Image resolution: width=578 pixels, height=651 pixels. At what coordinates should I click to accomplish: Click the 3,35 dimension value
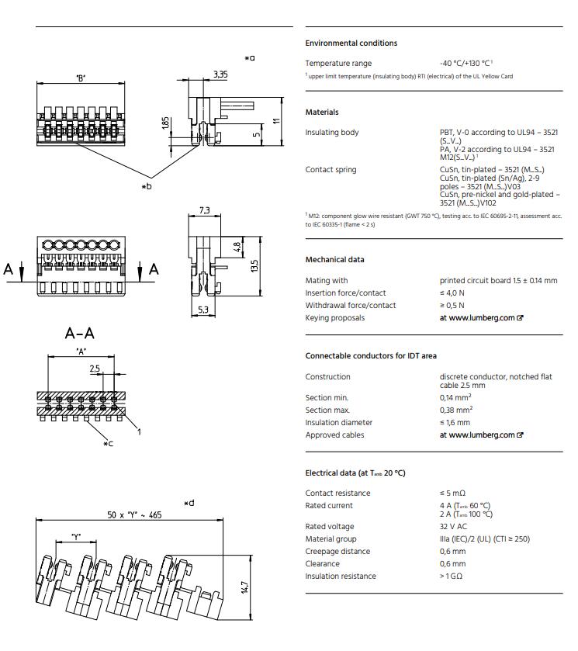220,74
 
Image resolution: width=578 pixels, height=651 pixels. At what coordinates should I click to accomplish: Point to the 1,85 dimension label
165,124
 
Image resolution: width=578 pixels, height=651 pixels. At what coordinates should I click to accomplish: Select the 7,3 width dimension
205,210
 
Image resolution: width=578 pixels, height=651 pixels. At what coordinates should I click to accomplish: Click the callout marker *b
147,186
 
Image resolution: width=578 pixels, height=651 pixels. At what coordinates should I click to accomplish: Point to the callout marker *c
109,443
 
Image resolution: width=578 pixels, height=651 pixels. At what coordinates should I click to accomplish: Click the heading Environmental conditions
351,43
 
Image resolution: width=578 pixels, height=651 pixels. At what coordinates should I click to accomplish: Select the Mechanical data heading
334,260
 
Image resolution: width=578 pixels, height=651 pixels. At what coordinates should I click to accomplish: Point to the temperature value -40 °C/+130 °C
465,64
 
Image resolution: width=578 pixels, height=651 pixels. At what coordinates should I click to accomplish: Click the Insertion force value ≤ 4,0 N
452,293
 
